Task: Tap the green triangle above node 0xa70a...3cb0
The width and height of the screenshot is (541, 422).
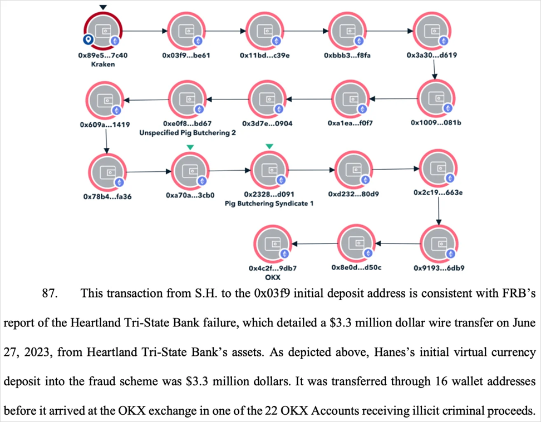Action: coord(190,146)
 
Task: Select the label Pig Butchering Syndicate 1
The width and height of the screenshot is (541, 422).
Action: coord(269,203)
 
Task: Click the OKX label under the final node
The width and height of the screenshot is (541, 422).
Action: coord(272,276)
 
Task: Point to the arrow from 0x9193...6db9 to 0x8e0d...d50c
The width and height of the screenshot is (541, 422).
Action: coord(397,243)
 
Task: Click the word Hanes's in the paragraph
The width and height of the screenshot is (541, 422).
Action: coord(367,353)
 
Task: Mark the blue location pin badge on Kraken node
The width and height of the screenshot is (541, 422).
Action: coord(87,40)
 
